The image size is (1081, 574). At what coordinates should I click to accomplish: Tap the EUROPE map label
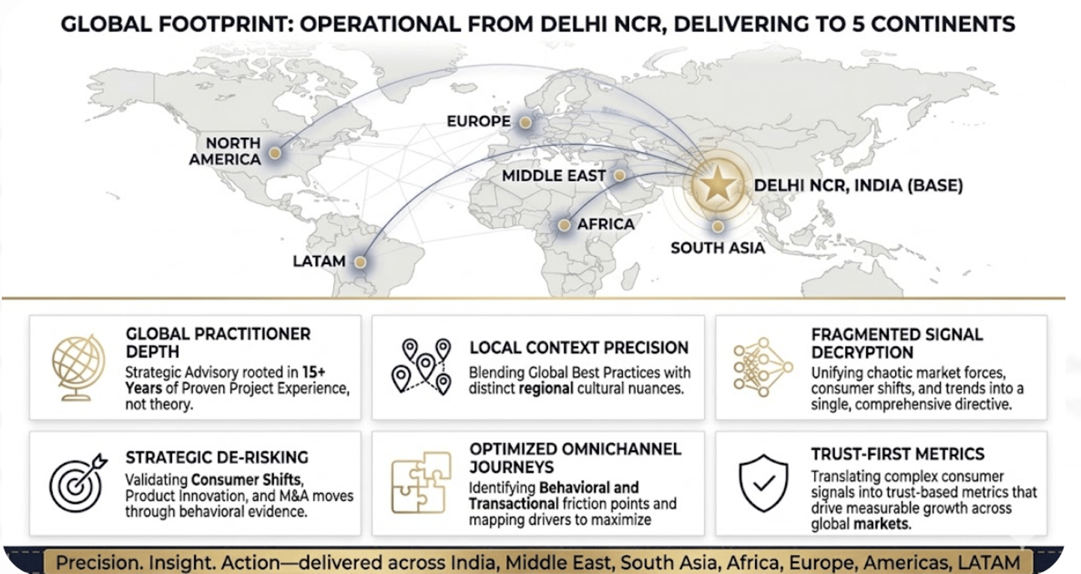tap(479, 121)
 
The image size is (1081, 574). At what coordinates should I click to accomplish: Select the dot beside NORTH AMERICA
tap(275, 153)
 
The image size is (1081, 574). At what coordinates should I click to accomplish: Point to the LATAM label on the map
tap(319, 261)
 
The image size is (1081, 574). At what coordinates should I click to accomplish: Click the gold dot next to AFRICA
tap(564, 225)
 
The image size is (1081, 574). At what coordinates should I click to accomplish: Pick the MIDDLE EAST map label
tap(553, 176)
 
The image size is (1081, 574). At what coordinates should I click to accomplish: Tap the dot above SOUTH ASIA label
tap(717, 226)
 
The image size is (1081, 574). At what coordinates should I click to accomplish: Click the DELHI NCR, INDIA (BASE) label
tap(858, 185)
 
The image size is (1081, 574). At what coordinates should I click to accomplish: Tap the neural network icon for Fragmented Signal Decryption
tap(762, 367)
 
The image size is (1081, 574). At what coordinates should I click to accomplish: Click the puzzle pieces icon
tap(421, 483)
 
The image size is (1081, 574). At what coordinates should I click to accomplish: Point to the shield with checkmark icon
tap(763, 483)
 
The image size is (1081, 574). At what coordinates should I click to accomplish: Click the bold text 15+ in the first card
tap(314, 372)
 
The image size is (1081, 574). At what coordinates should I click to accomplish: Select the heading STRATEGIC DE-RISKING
tap(217, 457)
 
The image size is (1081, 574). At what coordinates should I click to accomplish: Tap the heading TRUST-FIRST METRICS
tap(897, 454)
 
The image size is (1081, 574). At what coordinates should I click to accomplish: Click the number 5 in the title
tap(858, 24)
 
